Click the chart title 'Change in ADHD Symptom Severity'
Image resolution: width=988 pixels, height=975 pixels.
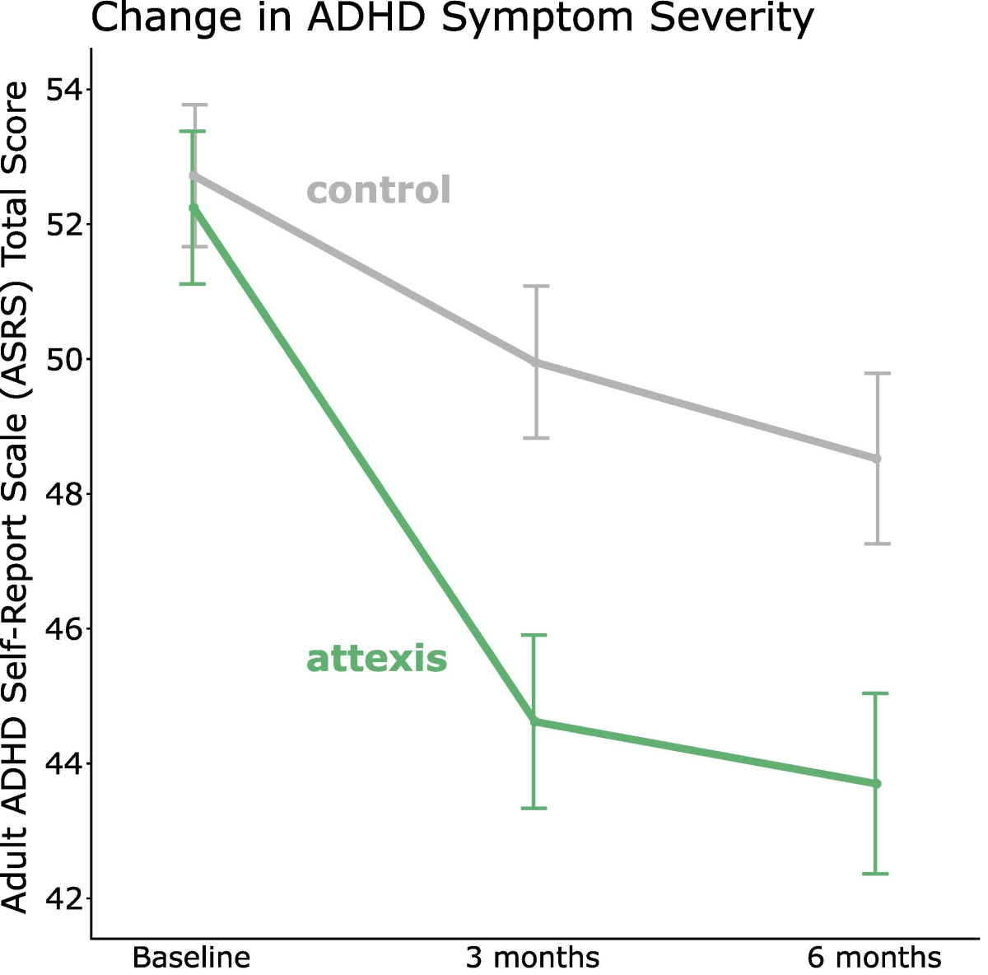451,18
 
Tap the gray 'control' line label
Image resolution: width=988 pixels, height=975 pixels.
379,190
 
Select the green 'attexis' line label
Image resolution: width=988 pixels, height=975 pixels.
376,659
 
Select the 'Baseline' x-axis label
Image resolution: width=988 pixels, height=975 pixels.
191,958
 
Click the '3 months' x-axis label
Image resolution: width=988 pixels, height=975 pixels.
533,958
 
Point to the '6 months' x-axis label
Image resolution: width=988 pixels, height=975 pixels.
874,958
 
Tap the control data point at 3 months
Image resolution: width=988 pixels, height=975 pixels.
536,362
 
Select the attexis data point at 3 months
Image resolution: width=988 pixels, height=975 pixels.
534,721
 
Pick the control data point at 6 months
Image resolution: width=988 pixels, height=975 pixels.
877,459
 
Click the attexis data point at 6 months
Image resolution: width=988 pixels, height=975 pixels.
876,783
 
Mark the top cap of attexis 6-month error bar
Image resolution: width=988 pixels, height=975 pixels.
875,693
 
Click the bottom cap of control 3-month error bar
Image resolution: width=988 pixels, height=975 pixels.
536,438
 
